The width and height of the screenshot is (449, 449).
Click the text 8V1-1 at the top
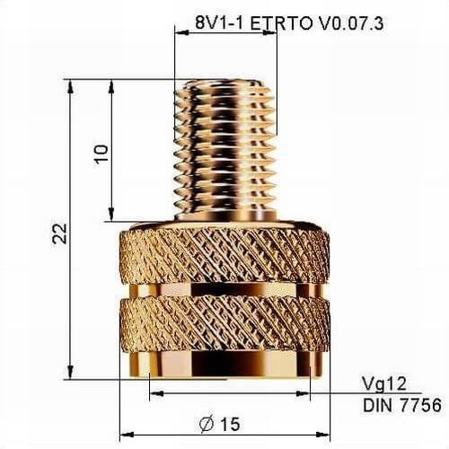218,22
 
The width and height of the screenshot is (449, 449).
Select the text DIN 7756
401,405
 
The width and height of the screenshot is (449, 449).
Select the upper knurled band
228,255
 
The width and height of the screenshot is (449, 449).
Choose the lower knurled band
228,321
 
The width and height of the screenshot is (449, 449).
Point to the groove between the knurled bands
228,289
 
